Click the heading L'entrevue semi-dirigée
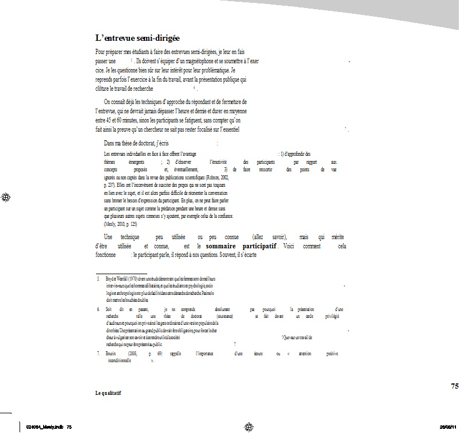(x=131, y=38)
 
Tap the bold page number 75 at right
(x=454, y=386)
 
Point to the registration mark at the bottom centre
(x=248, y=427)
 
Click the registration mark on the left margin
(x=6, y=197)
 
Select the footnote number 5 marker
(x=98, y=279)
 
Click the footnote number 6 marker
(x=98, y=309)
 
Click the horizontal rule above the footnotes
(x=121, y=273)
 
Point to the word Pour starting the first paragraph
(x=101, y=52)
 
